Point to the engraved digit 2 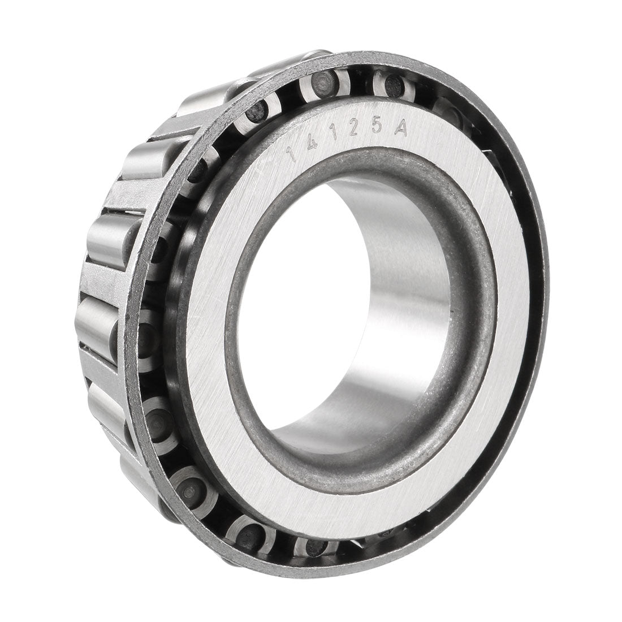[354, 131]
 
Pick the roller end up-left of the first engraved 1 [257, 110]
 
